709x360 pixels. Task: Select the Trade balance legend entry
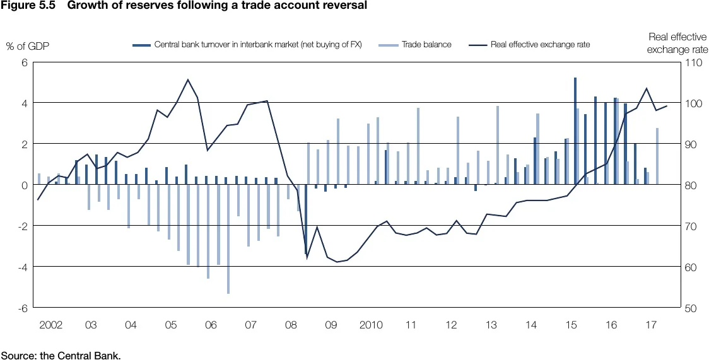click(426, 45)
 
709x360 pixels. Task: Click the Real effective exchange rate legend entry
click(540, 45)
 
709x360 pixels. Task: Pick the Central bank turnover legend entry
click(257, 45)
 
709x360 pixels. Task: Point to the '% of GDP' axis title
click(27, 45)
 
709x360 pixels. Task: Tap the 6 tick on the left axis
click(24, 62)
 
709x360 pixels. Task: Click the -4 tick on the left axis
click(22, 267)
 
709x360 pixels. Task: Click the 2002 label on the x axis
click(51, 325)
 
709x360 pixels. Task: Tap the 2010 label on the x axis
click(371, 325)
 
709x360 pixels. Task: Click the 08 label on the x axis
click(291, 325)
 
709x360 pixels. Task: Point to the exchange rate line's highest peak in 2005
click(187, 80)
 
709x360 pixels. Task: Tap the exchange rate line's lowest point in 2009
click(337, 262)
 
